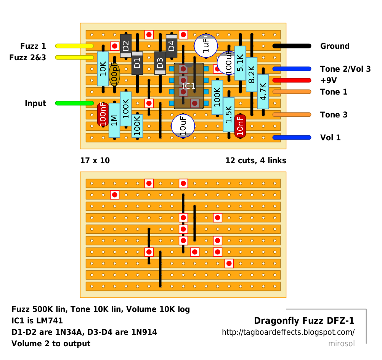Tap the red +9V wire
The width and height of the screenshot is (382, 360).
(x=292, y=80)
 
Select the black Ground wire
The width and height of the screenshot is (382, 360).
(x=292, y=46)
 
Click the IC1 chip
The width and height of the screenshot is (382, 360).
(x=189, y=86)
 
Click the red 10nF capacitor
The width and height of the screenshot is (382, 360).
(x=240, y=126)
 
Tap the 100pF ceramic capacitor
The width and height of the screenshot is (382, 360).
(x=114, y=74)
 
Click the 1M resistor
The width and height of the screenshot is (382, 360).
(x=114, y=120)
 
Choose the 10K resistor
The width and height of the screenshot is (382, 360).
(x=103, y=69)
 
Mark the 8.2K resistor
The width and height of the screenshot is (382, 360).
(x=252, y=74)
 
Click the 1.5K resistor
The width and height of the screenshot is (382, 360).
(x=229, y=114)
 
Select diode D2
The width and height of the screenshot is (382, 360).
(x=126, y=46)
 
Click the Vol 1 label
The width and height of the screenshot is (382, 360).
(x=331, y=138)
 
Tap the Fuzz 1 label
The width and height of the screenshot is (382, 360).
(x=33, y=46)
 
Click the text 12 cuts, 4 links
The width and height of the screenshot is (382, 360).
(x=256, y=161)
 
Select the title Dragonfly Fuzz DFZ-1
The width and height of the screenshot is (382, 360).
(x=304, y=320)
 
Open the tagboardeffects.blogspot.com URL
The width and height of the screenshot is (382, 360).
(x=288, y=332)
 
